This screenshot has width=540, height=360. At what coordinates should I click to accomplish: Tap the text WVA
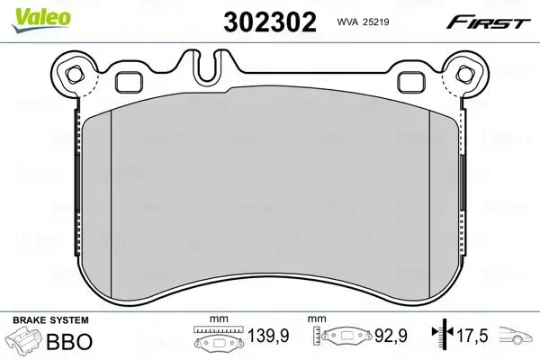click(341, 22)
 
